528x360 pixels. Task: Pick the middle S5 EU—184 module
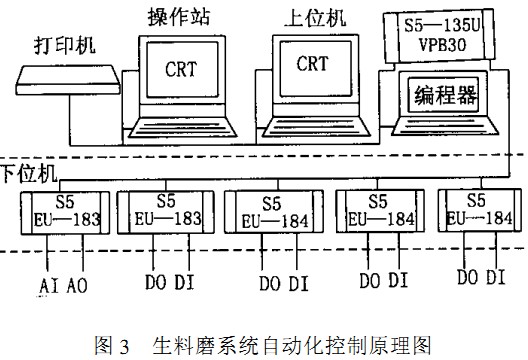266,211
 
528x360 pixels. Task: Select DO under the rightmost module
468,276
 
